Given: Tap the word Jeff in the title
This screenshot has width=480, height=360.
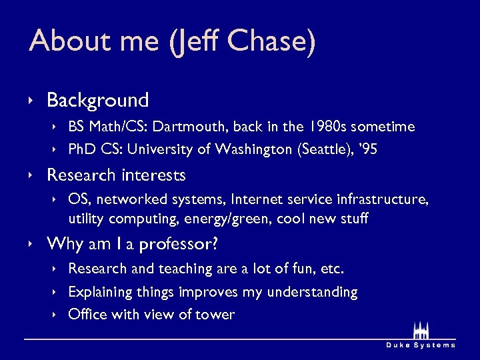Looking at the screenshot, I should tap(196, 41).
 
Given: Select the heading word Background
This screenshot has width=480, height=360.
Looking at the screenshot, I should tap(97, 101).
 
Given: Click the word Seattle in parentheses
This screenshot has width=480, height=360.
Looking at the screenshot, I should tap(322, 150).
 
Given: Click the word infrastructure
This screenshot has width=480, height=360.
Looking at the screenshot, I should tap(375, 200).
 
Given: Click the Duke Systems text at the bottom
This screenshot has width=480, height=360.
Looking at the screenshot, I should tap(421, 345).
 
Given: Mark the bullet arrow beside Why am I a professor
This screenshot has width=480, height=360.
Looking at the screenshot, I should tap(32, 245).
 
